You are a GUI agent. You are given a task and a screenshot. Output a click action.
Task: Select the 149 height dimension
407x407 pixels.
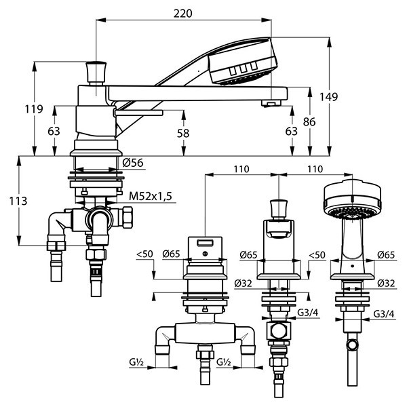(x=330, y=97)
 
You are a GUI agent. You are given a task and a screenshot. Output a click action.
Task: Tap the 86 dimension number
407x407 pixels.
(x=310, y=123)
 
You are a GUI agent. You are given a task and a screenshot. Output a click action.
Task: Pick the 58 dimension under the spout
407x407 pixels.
(x=182, y=134)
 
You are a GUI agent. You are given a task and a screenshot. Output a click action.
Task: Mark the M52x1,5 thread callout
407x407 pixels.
(x=151, y=196)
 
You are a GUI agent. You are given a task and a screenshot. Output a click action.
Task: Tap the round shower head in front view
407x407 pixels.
(x=351, y=199)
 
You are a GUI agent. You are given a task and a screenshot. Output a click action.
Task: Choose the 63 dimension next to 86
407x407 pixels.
(x=292, y=131)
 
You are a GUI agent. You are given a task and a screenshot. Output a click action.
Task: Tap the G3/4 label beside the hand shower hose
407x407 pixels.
(x=384, y=315)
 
